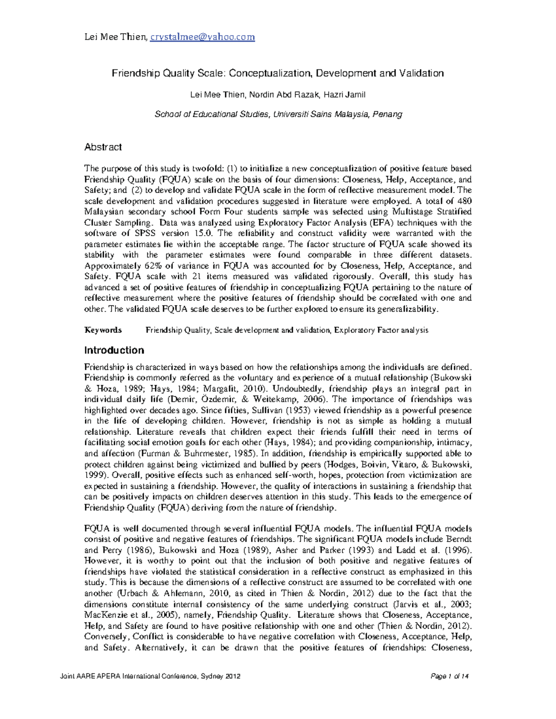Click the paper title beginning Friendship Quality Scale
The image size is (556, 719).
click(x=278, y=73)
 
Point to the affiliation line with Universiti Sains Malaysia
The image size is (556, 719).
click(x=278, y=114)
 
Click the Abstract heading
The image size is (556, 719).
click(x=103, y=147)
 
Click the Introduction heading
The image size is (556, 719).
click(x=114, y=350)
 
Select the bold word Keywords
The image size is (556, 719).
click(x=103, y=330)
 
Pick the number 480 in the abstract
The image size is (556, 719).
click(x=464, y=201)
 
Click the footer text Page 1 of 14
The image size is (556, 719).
click(x=449, y=677)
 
